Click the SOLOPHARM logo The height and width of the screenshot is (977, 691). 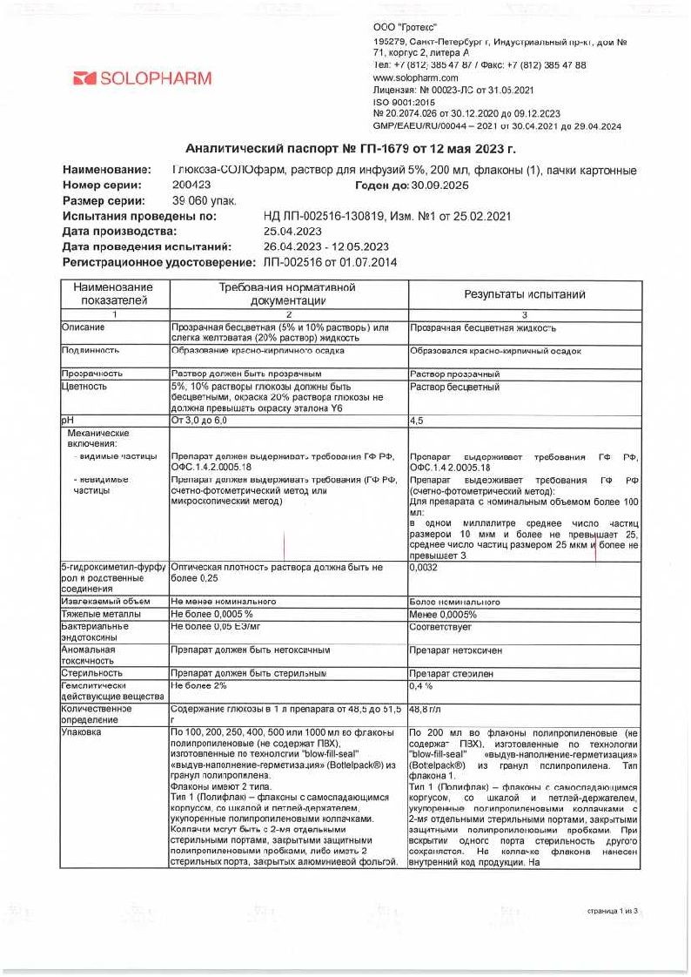(143, 78)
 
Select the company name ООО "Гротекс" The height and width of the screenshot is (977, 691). (405, 29)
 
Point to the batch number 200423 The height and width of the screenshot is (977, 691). (191, 185)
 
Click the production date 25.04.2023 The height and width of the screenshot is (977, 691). (292, 232)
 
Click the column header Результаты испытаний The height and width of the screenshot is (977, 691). (524, 294)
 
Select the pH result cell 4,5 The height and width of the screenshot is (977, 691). (418, 421)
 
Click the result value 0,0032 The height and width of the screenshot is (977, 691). (424, 566)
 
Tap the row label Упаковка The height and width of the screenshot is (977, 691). (80, 732)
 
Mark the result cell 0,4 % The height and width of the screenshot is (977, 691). (422, 686)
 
